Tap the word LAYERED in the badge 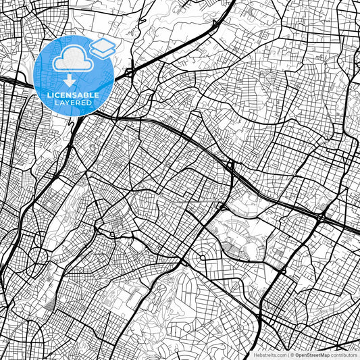pos(74,103)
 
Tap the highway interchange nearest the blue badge pos(130,70)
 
